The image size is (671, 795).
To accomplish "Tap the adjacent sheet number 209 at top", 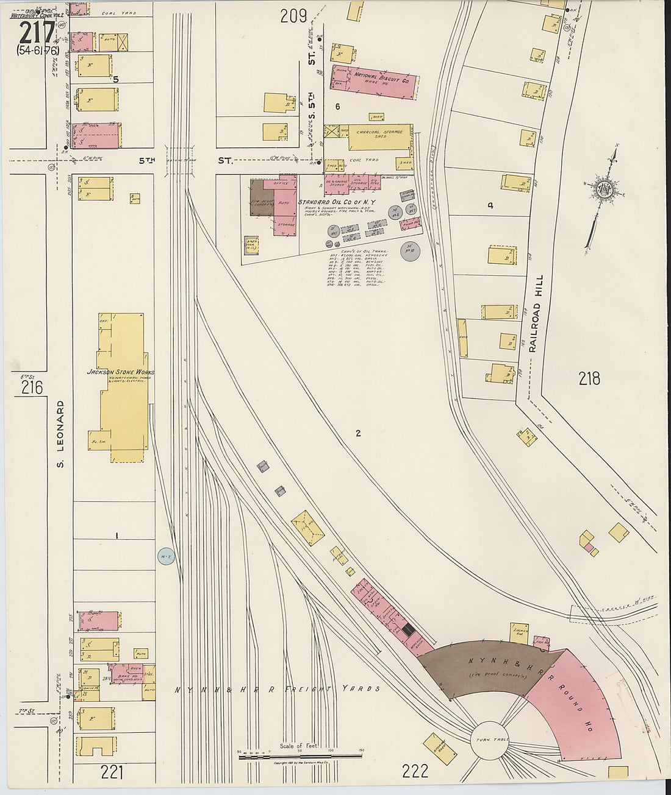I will [293, 16].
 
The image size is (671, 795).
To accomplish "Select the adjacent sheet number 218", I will [589, 378].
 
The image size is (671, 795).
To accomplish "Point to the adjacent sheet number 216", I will [31, 387].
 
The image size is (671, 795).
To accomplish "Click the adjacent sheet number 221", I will [112, 772].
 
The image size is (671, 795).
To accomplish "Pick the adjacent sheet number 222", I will [415, 772].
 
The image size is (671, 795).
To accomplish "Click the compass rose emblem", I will [605, 189].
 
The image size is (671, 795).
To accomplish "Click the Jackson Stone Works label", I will [120, 372].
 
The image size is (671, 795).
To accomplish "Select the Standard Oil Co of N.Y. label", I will [337, 202].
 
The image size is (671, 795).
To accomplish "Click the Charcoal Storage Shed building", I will [380, 137].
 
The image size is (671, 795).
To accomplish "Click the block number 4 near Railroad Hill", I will [490, 206].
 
